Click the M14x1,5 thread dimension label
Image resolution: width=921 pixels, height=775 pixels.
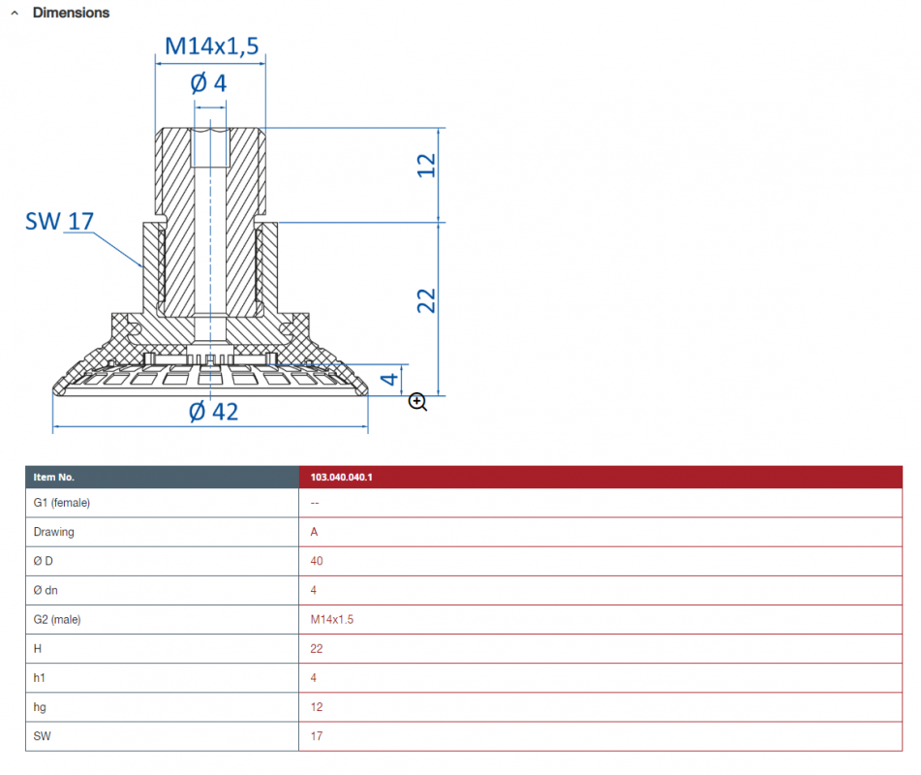click(x=211, y=46)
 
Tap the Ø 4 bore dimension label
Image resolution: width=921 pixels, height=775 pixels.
click(x=208, y=83)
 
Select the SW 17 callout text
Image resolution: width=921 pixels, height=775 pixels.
click(x=59, y=222)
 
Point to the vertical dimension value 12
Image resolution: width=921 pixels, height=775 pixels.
click(x=426, y=166)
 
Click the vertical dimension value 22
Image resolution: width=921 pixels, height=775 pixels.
click(x=426, y=301)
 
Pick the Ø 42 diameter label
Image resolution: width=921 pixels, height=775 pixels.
click(x=214, y=412)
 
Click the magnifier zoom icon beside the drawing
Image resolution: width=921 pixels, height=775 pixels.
click(x=417, y=402)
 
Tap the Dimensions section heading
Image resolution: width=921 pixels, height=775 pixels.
click(x=71, y=13)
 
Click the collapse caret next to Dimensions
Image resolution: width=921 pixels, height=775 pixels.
click(x=15, y=13)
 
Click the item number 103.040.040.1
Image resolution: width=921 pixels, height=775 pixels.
click(x=341, y=477)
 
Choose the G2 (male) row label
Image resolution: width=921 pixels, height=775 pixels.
click(x=57, y=620)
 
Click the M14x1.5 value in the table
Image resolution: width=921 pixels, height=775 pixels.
click(x=332, y=620)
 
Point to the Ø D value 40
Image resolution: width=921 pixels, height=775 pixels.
click(x=317, y=561)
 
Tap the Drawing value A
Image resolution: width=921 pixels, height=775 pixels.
click(x=314, y=533)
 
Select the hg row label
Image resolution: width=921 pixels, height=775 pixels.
click(x=40, y=707)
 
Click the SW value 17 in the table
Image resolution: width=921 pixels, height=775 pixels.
click(x=317, y=736)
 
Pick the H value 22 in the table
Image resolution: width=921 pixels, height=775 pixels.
click(x=317, y=649)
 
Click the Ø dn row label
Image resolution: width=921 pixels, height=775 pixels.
click(x=46, y=591)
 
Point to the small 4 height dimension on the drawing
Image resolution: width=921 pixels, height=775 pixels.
click(x=389, y=380)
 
